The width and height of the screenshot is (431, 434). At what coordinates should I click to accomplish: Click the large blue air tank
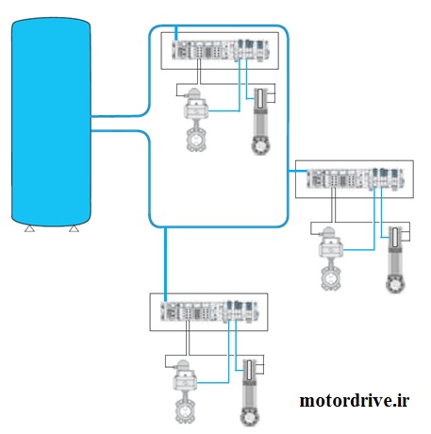[x=51, y=122]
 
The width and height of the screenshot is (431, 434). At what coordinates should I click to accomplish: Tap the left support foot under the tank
[x=29, y=229]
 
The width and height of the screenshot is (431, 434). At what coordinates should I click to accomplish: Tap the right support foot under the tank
[x=74, y=229]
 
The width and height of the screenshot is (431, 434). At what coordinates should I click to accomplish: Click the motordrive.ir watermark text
[x=355, y=401]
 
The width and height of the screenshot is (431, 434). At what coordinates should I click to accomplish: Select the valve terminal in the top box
[x=221, y=50]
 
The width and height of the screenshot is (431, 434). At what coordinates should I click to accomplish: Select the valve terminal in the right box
[x=356, y=179]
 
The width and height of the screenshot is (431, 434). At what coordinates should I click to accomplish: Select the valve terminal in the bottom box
[x=209, y=311]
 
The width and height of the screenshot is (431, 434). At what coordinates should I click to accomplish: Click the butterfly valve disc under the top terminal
[x=197, y=140]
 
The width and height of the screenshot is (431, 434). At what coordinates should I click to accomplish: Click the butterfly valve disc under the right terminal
[x=331, y=278]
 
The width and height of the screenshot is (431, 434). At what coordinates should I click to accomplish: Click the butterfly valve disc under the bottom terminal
[x=186, y=411]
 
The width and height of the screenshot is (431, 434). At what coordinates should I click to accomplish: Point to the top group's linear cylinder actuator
[x=260, y=121]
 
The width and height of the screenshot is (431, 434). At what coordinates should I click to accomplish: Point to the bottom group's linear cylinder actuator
[x=250, y=392]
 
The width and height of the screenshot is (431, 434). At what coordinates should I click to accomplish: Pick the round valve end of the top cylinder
[x=260, y=146]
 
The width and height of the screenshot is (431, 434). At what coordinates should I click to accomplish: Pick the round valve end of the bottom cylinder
[x=250, y=418]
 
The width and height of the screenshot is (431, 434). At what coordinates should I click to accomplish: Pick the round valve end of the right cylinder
[x=395, y=285]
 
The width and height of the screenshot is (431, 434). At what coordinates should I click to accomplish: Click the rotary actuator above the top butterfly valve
[x=195, y=105]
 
